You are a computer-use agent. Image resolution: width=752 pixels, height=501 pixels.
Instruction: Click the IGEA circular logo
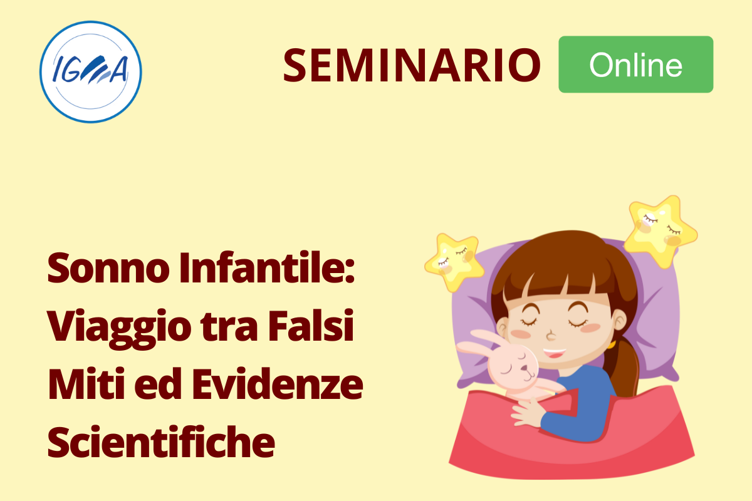coord(91,72)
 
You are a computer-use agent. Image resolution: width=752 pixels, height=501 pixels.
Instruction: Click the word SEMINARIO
coord(412,65)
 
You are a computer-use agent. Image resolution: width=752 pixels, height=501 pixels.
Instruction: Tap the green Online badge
coord(636,65)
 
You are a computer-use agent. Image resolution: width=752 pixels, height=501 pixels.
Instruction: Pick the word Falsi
coord(311,325)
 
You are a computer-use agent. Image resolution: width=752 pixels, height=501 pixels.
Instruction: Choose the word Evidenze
coord(278,383)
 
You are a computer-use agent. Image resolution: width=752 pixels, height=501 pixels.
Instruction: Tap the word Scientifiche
coord(161,442)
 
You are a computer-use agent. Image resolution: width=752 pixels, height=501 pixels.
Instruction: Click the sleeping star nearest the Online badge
coord(660,231)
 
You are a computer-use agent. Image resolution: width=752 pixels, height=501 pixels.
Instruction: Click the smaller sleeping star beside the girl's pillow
coord(454,262)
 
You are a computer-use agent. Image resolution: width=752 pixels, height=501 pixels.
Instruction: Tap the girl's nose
coord(550,335)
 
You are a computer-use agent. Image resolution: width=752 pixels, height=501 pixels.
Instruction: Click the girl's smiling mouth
coord(554,353)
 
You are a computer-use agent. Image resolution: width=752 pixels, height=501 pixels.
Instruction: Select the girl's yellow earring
coord(612,344)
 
